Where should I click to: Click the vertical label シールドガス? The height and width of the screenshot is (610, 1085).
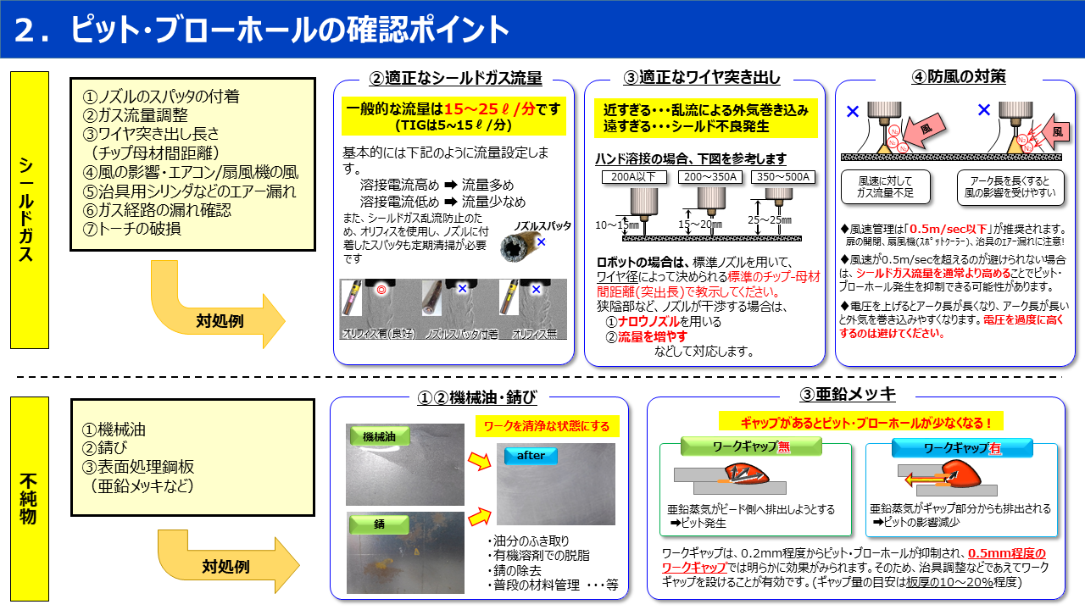tap(29, 209)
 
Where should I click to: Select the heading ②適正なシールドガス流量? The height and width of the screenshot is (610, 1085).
tap(455, 78)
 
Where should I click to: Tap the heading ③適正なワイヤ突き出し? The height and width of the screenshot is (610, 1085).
tap(702, 78)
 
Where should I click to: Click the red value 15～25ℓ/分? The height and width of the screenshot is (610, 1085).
tap(489, 109)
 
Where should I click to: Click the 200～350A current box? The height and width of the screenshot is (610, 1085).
tap(709, 177)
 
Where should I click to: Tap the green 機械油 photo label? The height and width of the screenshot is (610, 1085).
tap(379, 436)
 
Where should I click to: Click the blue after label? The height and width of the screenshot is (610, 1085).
tap(531, 456)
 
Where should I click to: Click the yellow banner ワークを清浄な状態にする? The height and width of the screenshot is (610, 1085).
tap(547, 425)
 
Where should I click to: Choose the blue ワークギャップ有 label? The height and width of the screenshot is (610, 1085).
tap(961, 448)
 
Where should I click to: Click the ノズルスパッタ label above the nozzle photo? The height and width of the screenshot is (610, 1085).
tap(542, 226)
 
